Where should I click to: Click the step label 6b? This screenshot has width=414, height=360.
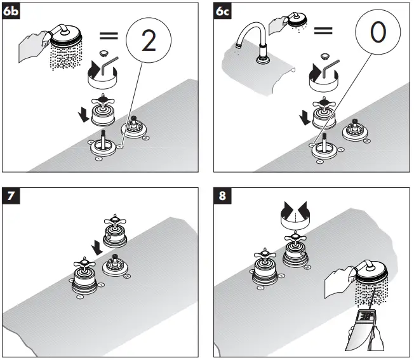(12, 12)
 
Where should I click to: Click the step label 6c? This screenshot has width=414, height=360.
(224, 12)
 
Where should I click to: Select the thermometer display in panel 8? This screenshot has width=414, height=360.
(367, 316)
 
